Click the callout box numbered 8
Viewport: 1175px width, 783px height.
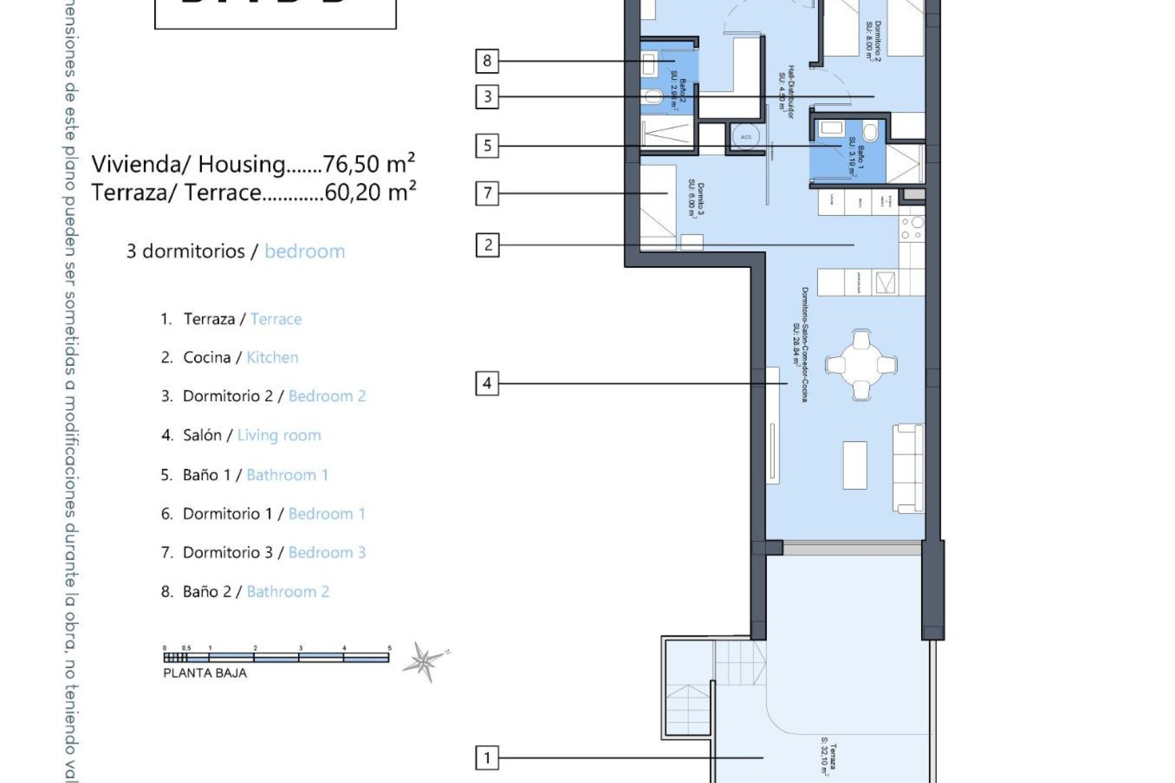487,61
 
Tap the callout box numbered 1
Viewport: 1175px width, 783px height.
487,758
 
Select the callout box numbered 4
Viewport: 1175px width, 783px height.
487,384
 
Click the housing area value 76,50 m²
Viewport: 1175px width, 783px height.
369,164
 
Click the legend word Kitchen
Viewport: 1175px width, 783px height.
272,357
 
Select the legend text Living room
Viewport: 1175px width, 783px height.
279,435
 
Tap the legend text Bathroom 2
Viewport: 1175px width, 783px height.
288,592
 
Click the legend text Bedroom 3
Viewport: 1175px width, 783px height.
327,552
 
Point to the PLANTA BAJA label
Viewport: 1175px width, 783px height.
205,673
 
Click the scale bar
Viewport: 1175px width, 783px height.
276,658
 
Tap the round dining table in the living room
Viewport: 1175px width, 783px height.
861,365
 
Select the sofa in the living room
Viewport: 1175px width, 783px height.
908,468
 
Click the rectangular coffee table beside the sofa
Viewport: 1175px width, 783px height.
855,465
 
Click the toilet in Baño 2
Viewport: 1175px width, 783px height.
653,97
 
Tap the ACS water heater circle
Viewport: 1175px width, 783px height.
745,137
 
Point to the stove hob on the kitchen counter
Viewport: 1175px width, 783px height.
912,228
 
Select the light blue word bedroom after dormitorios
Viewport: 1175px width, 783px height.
305,251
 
